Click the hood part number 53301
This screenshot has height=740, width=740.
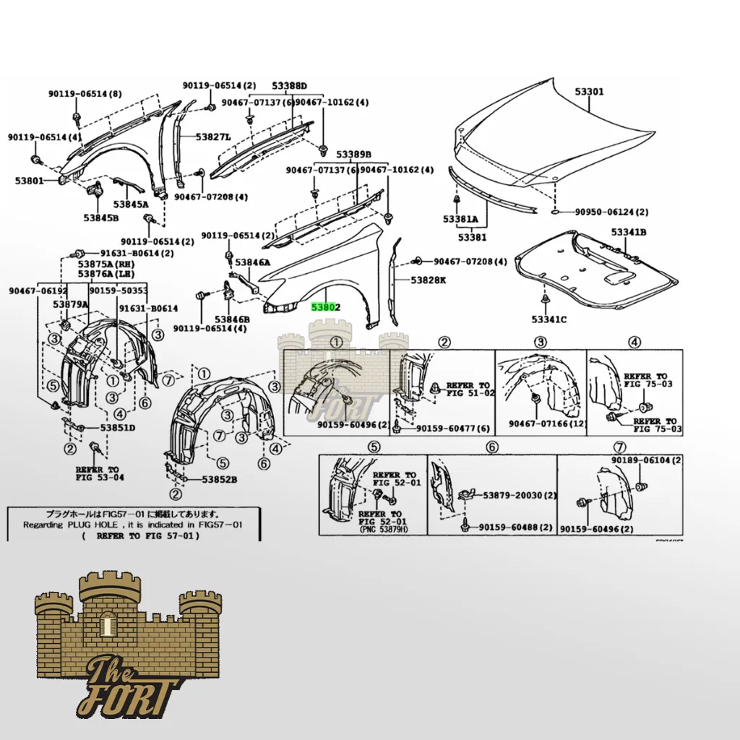[x=589, y=92]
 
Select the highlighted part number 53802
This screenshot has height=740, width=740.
[x=325, y=307]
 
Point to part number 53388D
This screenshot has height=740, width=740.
[x=288, y=86]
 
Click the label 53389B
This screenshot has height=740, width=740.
[x=352, y=155]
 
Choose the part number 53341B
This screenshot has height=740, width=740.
[x=628, y=232]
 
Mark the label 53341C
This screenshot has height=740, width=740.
[x=549, y=319]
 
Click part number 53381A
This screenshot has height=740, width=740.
[x=460, y=218]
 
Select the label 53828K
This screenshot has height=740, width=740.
[x=429, y=279]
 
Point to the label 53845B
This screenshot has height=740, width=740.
[x=100, y=218]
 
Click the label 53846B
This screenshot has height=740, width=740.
[x=231, y=319]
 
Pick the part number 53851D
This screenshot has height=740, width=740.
[x=118, y=427]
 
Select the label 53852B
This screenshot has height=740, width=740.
[x=220, y=479]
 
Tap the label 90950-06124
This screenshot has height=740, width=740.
[x=611, y=212]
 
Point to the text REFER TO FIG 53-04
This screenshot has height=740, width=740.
[x=100, y=473]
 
